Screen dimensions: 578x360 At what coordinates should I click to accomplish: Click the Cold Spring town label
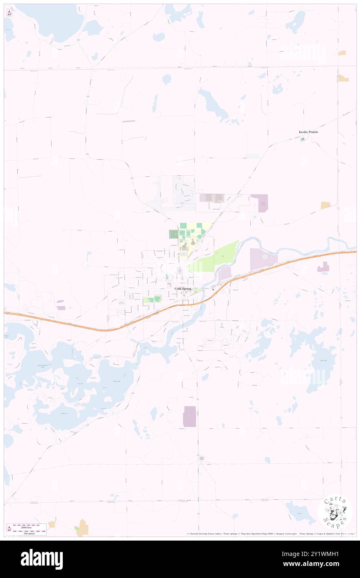click(x=183, y=289)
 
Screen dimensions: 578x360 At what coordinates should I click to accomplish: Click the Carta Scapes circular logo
click(x=335, y=512)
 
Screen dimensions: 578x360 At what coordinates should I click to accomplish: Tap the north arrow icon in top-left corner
click(x=10, y=13)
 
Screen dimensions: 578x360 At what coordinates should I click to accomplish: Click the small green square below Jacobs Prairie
click(x=302, y=139)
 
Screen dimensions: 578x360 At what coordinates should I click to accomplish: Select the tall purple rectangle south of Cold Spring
click(x=190, y=416)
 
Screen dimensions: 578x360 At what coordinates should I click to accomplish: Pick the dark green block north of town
click(x=173, y=234)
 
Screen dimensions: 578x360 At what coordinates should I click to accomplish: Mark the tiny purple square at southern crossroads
click(x=202, y=458)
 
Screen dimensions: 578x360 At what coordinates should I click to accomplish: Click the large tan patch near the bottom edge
click(x=84, y=528)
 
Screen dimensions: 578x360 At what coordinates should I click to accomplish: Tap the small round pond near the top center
click(x=167, y=79)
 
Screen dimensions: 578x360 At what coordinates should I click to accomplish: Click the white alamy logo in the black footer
click(x=42, y=559)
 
